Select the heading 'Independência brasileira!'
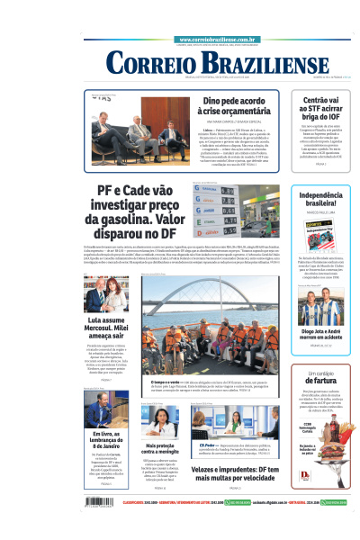320,201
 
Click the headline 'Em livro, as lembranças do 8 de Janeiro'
106,441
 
